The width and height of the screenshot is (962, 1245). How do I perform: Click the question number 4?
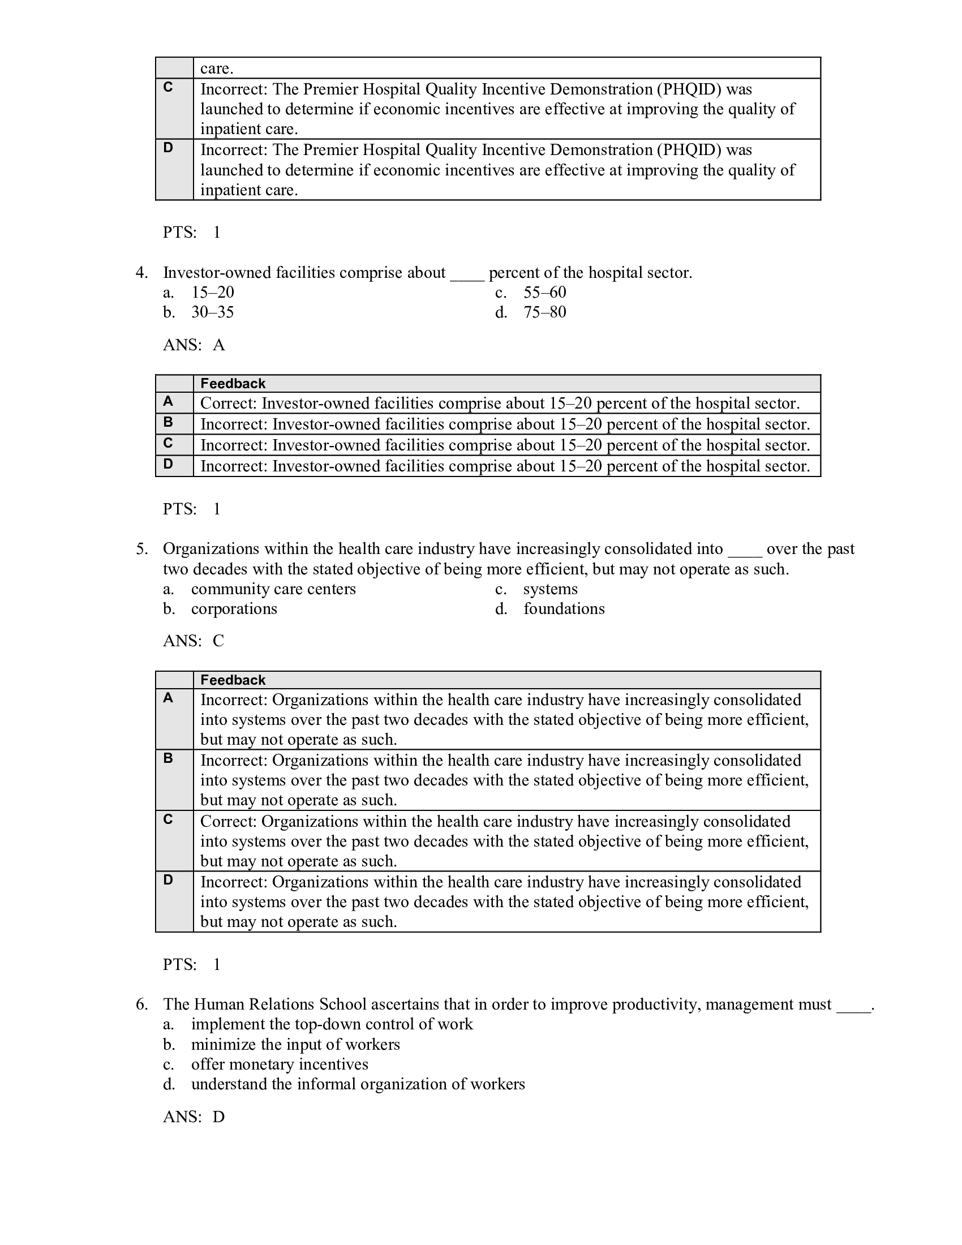(x=141, y=273)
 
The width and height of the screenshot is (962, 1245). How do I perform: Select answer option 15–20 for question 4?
(x=212, y=293)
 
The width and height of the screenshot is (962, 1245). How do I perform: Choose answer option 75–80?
(x=544, y=312)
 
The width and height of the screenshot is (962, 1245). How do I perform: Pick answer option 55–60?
(x=544, y=293)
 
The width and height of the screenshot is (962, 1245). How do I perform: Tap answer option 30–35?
(x=212, y=312)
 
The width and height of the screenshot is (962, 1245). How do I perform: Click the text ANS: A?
(x=194, y=345)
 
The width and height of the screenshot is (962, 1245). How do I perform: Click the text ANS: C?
(x=193, y=641)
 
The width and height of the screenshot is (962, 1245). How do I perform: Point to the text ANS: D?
(x=194, y=1117)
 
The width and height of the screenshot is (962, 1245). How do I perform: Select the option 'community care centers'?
(x=273, y=589)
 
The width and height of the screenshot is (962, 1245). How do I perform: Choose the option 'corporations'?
(x=234, y=609)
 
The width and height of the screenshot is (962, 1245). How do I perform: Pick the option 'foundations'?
(x=564, y=609)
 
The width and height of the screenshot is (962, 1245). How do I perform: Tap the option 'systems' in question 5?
(x=550, y=589)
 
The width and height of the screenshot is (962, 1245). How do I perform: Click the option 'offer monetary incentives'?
(x=279, y=1064)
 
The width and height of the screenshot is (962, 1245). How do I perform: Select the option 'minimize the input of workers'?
(x=295, y=1044)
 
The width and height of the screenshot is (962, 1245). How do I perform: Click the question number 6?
(x=141, y=1004)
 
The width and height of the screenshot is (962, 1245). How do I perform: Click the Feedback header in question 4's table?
(x=233, y=384)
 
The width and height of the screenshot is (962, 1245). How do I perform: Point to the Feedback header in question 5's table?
(x=233, y=680)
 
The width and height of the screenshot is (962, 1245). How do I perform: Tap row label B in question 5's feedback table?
(x=168, y=759)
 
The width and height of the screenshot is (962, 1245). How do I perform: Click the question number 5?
(x=141, y=549)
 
